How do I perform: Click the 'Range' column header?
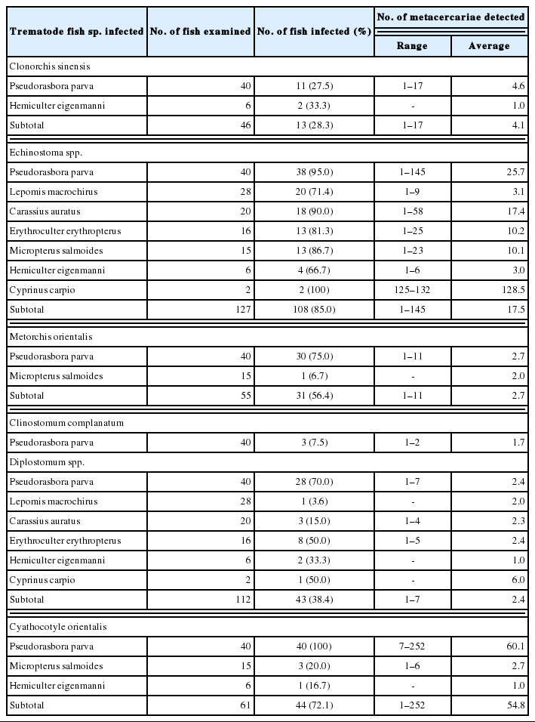pyautogui.click(x=412, y=45)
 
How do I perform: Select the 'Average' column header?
pyautogui.click(x=488, y=45)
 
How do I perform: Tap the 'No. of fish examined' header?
pyautogui.click(x=200, y=32)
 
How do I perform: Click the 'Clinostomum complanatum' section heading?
pyautogui.click(x=56, y=423)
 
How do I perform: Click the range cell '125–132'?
pyautogui.click(x=412, y=289)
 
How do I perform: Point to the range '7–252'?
pyautogui.click(x=412, y=646)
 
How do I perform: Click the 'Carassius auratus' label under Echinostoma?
pyautogui.click(x=45, y=211)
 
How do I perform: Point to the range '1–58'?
pyautogui.click(x=412, y=211)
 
